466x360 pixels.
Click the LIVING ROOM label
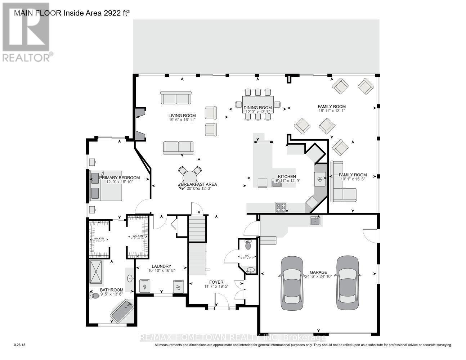(182, 116)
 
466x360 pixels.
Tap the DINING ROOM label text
(257, 107)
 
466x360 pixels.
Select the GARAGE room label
(319, 272)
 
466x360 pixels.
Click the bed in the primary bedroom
(106, 186)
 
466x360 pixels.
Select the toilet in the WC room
(248, 246)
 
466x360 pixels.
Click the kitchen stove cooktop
(281, 207)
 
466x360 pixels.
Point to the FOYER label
(216, 282)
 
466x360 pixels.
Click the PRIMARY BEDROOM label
(119, 177)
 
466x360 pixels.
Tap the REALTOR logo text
(28, 57)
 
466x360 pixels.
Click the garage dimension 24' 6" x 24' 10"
(319, 277)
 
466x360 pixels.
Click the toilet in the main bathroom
(95, 296)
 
